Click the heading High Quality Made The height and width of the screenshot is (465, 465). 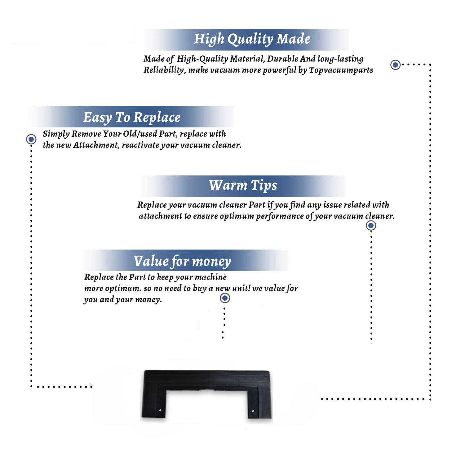point(252,39)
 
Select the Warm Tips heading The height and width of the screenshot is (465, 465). point(243,186)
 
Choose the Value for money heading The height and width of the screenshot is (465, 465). point(182,261)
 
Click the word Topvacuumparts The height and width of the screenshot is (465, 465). point(341,70)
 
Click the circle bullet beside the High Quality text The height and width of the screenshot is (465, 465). point(395,65)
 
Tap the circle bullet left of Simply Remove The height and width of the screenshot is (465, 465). point(31,139)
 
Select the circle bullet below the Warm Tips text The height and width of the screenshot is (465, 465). point(371,225)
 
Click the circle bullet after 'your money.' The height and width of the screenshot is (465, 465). point(225,298)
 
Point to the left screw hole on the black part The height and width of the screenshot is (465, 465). point(160,410)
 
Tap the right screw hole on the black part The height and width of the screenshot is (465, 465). point(253,411)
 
